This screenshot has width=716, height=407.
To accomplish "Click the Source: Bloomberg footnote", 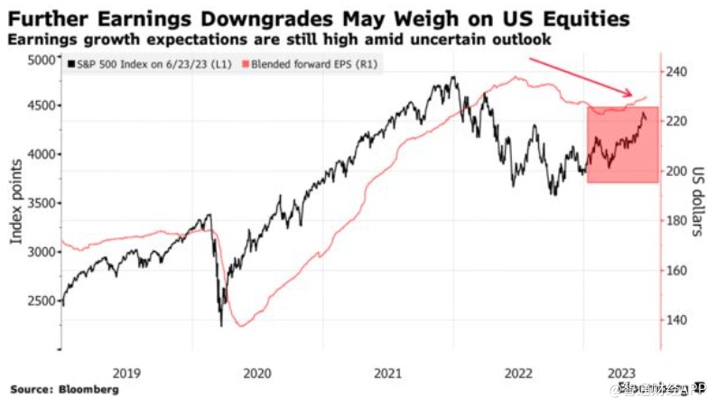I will tap(64, 390).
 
